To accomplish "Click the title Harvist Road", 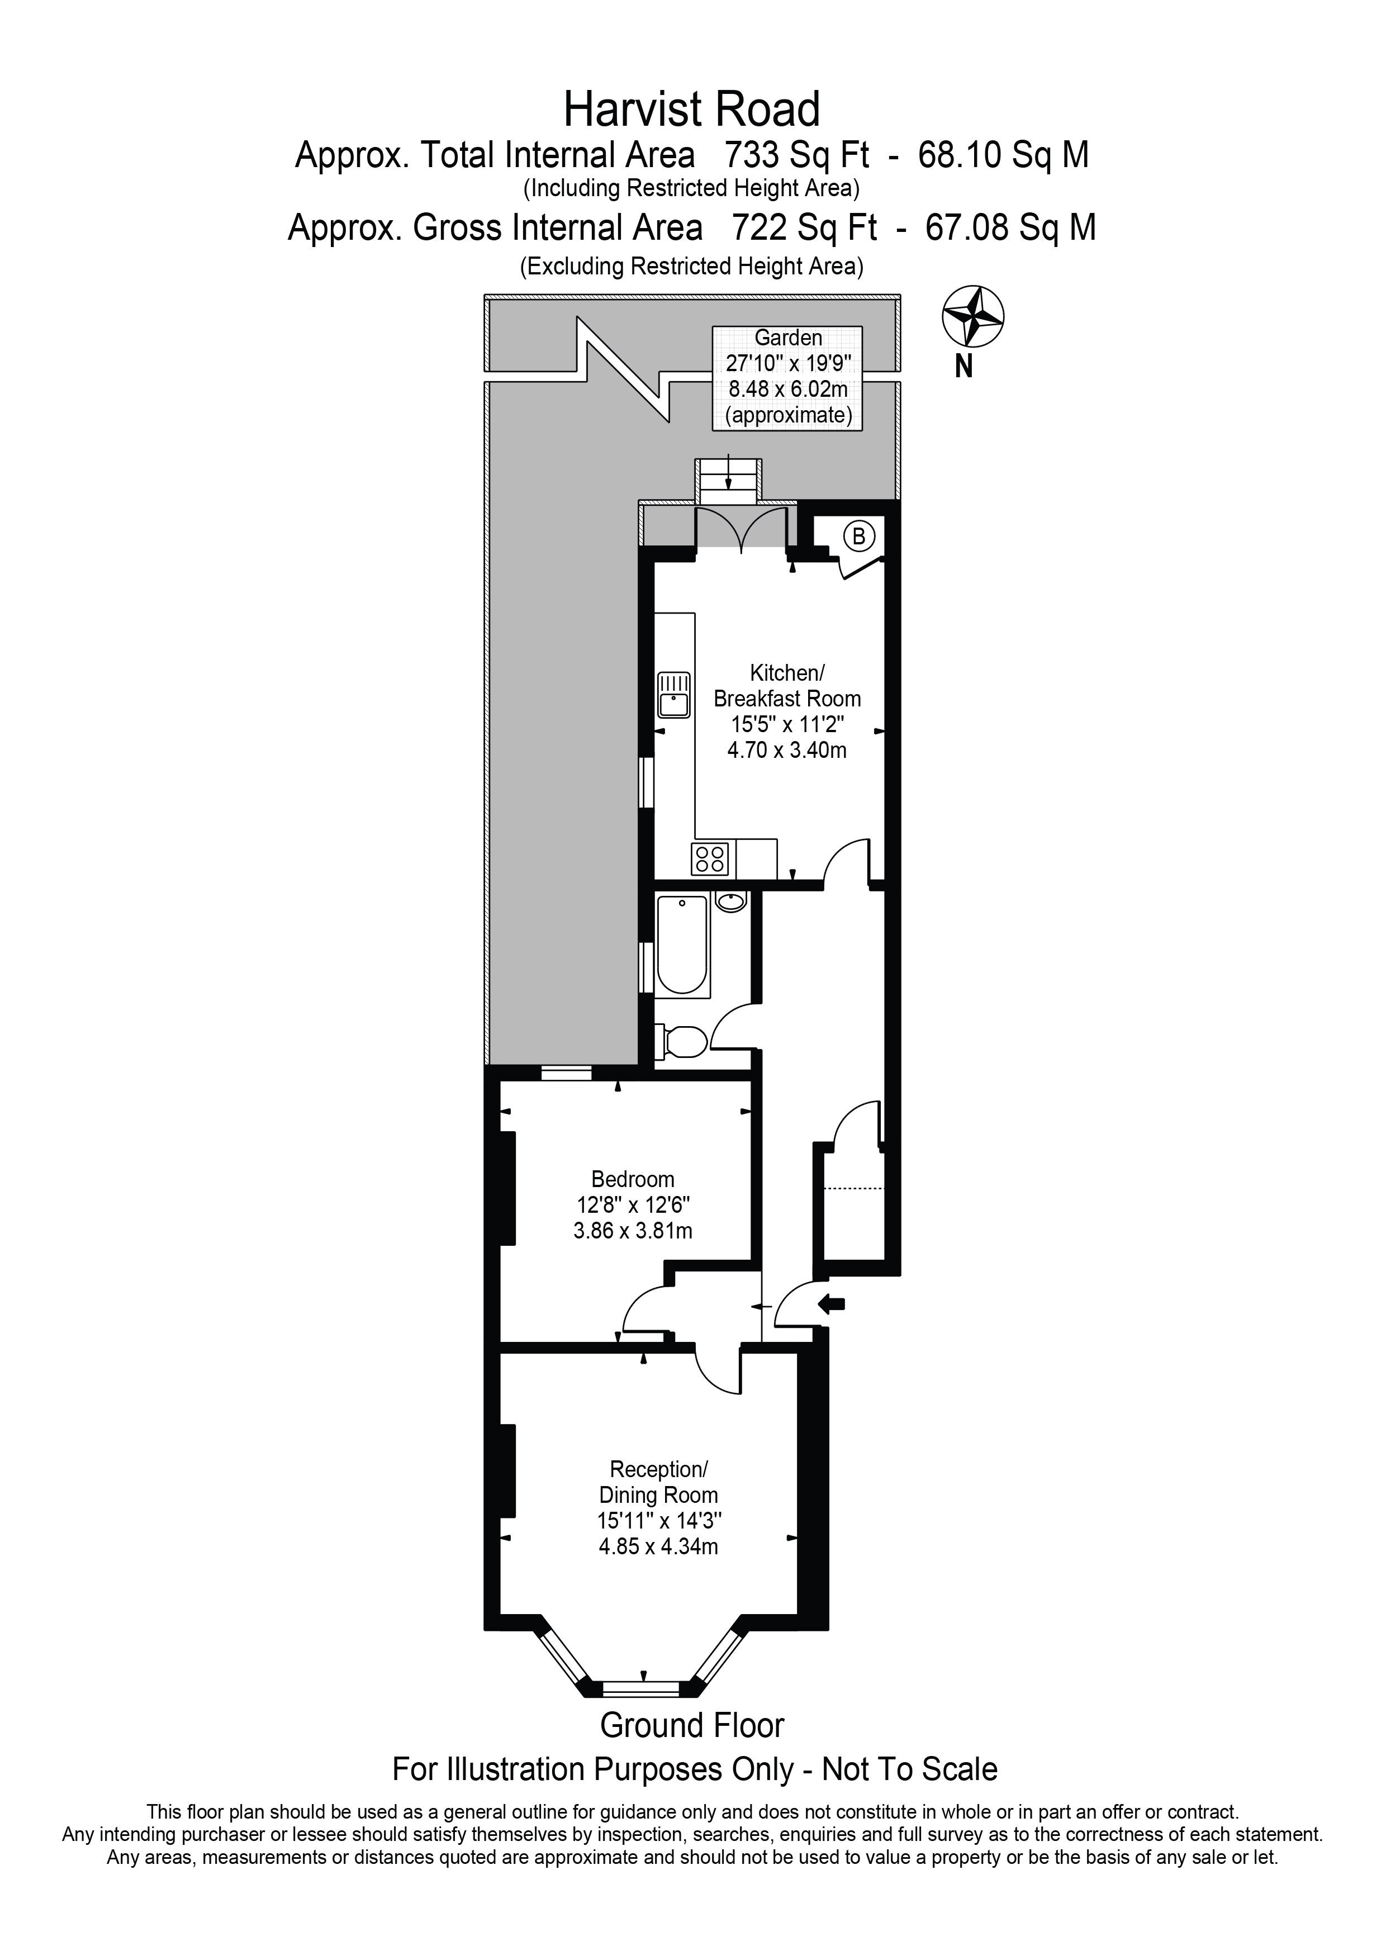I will (691, 110).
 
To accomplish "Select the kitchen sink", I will (673, 695).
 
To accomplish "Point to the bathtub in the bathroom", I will (682, 945).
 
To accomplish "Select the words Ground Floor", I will (691, 1725).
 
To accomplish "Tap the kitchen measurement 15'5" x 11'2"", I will (787, 725).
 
